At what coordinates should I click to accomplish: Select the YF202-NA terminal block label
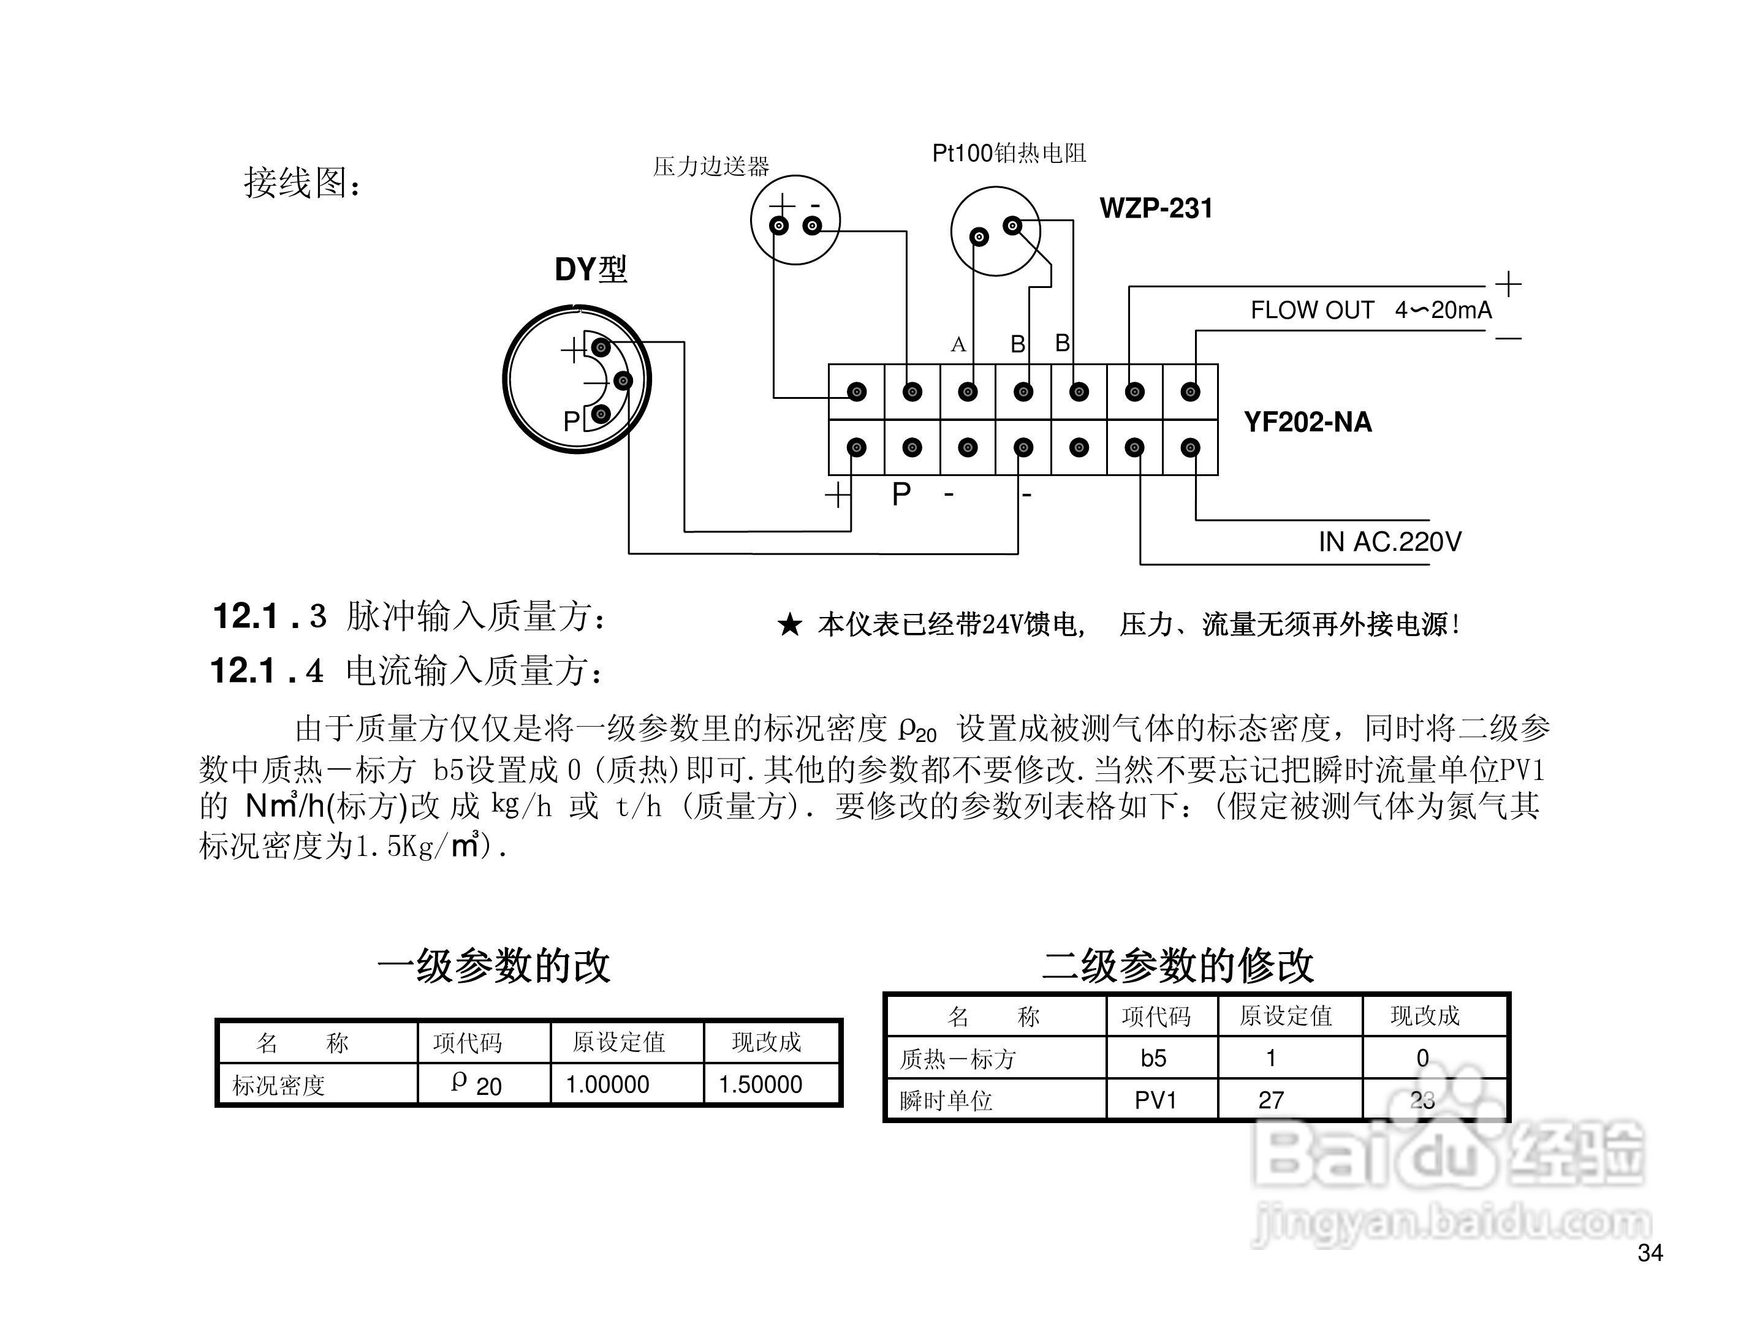click(1307, 422)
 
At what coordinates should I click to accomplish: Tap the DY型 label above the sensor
click(590, 270)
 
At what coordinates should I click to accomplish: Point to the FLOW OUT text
click(1312, 310)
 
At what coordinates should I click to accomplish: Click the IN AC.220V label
click(1389, 542)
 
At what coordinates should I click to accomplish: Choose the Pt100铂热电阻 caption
click(1009, 154)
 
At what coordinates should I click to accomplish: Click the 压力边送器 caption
click(710, 166)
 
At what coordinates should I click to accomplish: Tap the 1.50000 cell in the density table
click(760, 1084)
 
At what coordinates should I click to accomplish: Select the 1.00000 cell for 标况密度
click(607, 1084)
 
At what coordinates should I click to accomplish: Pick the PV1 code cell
click(1155, 1100)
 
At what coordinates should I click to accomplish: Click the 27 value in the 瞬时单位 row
click(1271, 1100)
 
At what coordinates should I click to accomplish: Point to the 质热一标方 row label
click(957, 1059)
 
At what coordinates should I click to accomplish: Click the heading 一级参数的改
click(493, 967)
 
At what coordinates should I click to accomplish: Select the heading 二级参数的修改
click(1178, 967)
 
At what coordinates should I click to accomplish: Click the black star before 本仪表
click(789, 625)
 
